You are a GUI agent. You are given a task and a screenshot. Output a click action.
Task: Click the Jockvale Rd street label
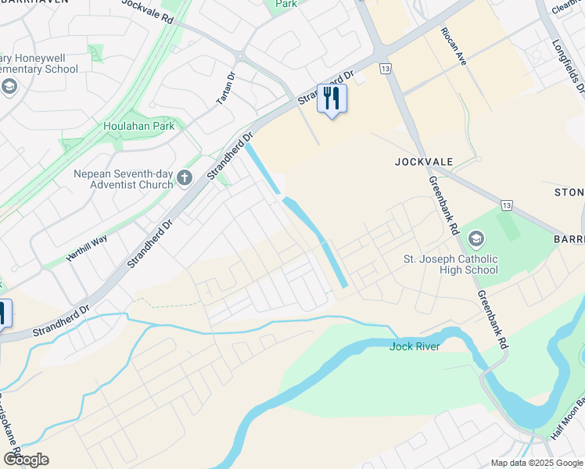(146, 9)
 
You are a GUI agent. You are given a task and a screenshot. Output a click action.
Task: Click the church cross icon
(185, 178)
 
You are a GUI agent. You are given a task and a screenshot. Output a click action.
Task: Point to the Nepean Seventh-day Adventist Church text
(123, 179)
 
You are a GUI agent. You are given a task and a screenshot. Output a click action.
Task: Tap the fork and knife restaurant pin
(332, 98)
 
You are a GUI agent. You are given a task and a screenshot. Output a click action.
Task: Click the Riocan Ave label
(454, 45)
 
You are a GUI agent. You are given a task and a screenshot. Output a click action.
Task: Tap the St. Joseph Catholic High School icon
(474, 238)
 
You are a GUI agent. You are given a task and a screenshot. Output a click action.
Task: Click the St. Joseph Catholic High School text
(450, 264)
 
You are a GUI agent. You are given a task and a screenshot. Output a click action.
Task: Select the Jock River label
(415, 346)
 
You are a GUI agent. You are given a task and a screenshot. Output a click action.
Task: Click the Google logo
(26, 460)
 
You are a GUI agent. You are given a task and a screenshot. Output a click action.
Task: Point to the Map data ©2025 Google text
(537, 463)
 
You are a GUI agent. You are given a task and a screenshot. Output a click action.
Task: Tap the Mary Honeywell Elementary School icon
(10, 86)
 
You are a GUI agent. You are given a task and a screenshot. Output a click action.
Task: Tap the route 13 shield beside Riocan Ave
(384, 69)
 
